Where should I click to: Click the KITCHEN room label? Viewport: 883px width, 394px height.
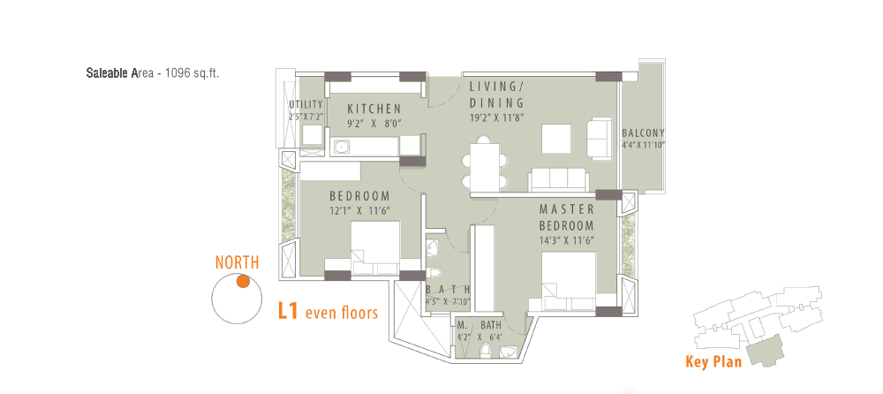[374, 109]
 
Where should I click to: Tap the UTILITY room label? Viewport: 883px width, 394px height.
[306, 104]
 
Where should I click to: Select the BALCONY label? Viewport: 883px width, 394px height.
[643, 133]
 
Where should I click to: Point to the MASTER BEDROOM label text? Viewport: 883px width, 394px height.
[567, 217]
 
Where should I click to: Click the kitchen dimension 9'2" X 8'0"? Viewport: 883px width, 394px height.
[374, 124]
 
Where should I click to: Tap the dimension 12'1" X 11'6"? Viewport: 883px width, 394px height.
[360, 211]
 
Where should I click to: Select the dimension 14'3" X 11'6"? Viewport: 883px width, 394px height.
[567, 240]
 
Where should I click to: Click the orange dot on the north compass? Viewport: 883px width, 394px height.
[243, 281]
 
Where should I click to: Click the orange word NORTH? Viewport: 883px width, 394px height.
[237, 262]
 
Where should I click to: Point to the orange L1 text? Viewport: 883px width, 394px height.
[288, 311]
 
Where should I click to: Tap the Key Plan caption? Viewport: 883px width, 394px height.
[713, 361]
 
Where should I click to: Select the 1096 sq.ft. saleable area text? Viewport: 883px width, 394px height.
[192, 73]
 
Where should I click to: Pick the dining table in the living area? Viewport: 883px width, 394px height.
[484, 168]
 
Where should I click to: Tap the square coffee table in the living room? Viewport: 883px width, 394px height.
[556, 139]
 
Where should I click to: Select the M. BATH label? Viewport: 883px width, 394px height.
[479, 325]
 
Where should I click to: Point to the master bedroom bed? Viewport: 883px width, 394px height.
[569, 281]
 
